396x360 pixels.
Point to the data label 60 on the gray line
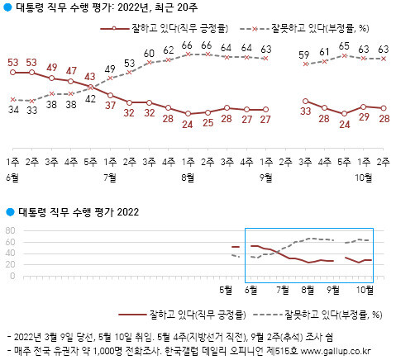tap(149, 54)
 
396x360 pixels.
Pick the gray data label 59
tap(305, 55)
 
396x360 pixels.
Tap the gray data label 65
tap(344, 46)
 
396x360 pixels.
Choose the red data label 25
tap(208, 122)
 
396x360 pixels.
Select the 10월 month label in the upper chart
tap(363, 177)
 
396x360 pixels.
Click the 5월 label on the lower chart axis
tap(226, 289)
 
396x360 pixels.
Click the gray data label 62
tap(169, 49)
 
